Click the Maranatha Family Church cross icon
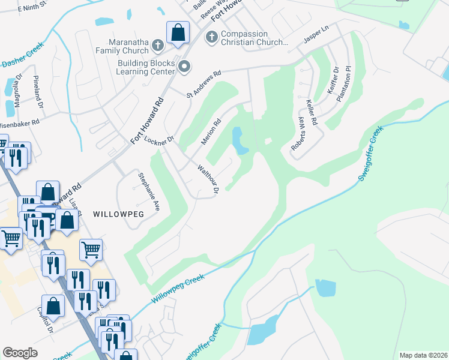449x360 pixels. pos(157,45)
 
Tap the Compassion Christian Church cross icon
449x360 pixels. pos(211,38)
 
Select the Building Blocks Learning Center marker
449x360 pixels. pos(184,67)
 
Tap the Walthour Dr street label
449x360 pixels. pos(207,179)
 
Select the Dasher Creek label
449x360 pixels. pos(23,56)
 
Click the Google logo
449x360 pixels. pos(20,352)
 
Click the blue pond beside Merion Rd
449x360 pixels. pos(240,140)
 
